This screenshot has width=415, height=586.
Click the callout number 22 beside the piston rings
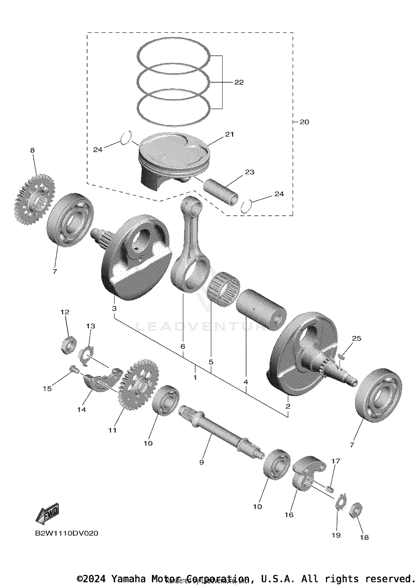239,82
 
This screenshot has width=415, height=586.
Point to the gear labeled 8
35,199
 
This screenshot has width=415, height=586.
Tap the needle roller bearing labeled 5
224,289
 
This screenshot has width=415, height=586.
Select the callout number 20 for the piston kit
304,122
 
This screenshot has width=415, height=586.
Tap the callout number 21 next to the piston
229,134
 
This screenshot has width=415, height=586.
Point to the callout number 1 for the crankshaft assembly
195,377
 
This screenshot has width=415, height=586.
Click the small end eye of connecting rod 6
191,205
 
